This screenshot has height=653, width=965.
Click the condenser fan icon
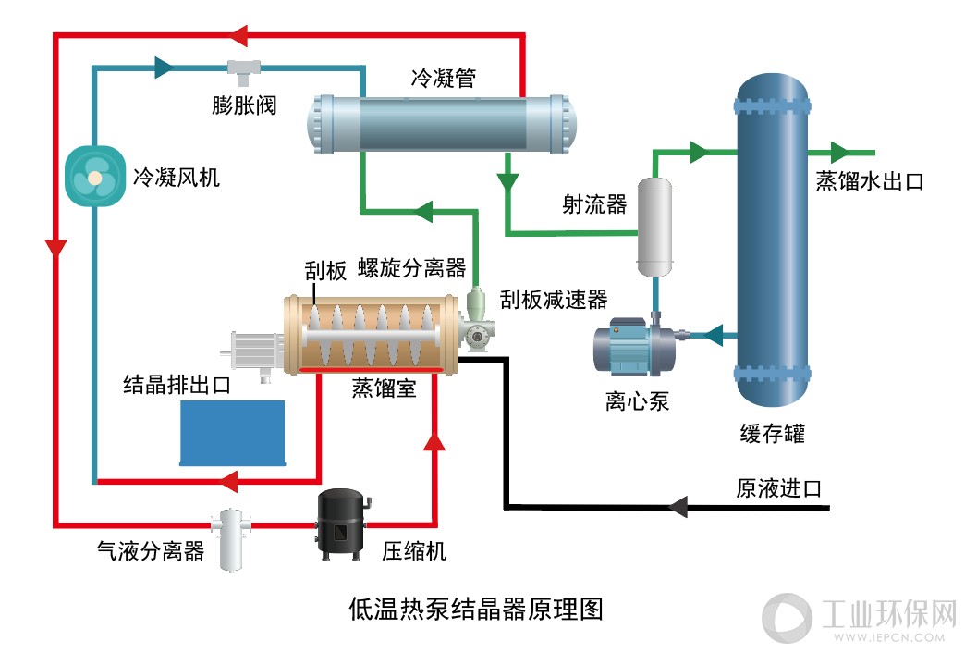pos(95,176)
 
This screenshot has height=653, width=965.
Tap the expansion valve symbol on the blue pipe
pos(244,72)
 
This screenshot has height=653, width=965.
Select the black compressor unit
pos(342,524)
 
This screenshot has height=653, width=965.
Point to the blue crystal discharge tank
pos(233,433)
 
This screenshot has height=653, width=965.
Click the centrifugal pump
pos(634,346)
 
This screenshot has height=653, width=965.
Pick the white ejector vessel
pos(654,227)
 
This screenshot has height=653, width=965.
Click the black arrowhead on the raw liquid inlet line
pos(678,507)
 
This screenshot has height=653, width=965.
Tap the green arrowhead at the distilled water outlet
pos(841,153)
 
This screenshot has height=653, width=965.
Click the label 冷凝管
pos(443,79)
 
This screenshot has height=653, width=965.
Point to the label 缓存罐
pos(773,434)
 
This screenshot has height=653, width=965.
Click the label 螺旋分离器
pos(412,268)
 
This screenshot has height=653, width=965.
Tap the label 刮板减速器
pos(554,300)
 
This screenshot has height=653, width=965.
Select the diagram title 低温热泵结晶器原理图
pos(476,610)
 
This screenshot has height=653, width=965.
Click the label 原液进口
pos(779,488)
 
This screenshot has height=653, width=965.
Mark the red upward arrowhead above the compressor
pos(434,441)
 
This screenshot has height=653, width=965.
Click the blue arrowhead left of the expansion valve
pos(165,68)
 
